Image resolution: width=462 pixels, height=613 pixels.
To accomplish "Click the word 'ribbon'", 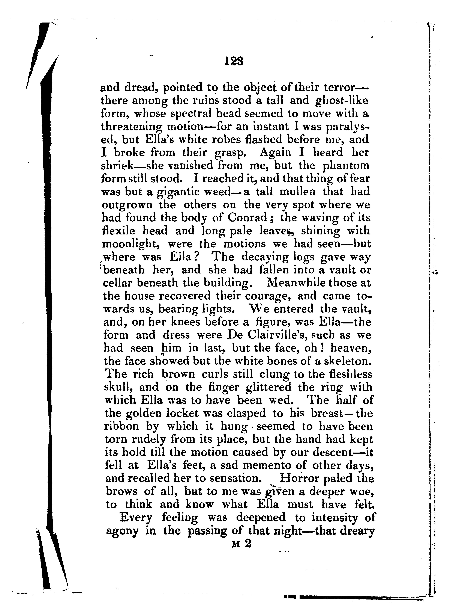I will point(122,426).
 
